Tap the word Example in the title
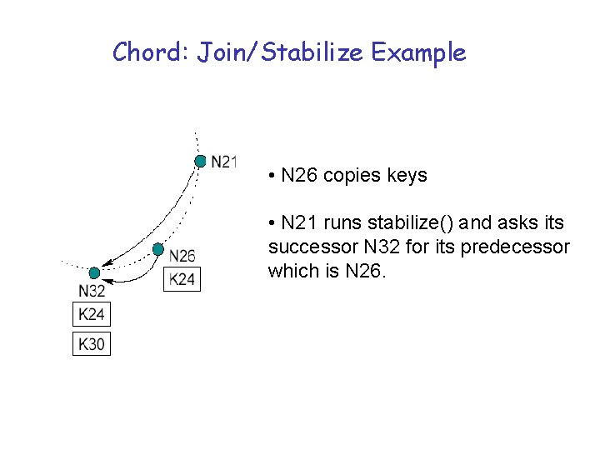pyautogui.click(x=418, y=53)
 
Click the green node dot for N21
pyautogui.click(x=200, y=161)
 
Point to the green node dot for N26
pyautogui.click(x=157, y=248)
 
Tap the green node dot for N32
pyautogui.click(x=94, y=272)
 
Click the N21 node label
pyautogui.click(x=224, y=161)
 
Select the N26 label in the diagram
pyautogui.click(x=182, y=256)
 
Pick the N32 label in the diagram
pyautogui.click(x=92, y=291)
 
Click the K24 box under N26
pyautogui.click(x=182, y=279)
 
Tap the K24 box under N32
pyautogui.click(x=92, y=314)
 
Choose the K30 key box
pyautogui.click(x=92, y=342)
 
